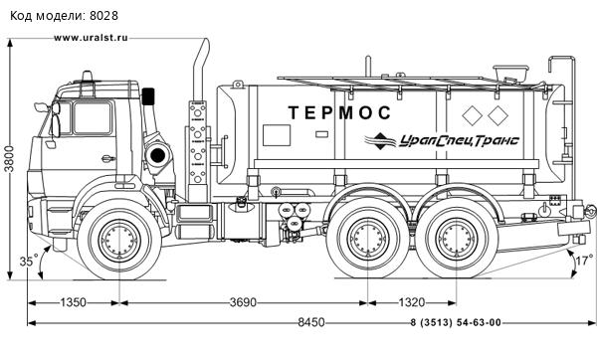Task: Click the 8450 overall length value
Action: pos(300,322)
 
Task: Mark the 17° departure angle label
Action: pos(584,262)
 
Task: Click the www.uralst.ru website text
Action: pos(92,37)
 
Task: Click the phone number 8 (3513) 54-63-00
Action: pos(455,322)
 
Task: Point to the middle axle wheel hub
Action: pos(369,242)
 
